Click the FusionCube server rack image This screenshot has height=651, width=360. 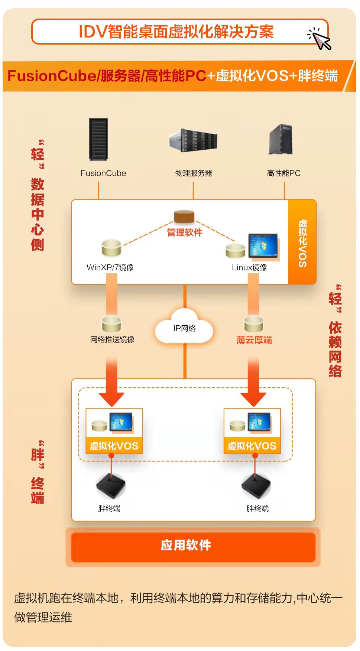pyautogui.click(x=98, y=139)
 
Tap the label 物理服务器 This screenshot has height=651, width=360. pyautogui.click(x=194, y=173)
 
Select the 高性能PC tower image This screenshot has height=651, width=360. pyautogui.click(x=281, y=140)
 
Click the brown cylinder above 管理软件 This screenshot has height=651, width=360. pyautogui.click(x=184, y=217)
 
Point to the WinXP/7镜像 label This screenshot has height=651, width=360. pyautogui.click(x=110, y=267)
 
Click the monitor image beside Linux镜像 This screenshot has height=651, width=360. pyautogui.click(x=263, y=245)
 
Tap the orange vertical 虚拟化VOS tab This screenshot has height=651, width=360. pyautogui.click(x=302, y=243)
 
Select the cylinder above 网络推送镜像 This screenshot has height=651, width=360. pyautogui.click(x=111, y=323)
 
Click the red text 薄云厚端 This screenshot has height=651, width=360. pyautogui.click(x=254, y=340)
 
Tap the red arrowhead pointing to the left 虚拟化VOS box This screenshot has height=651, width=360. pyautogui.click(x=111, y=399)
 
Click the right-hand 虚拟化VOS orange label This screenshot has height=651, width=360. pyautogui.click(x=252, y=446)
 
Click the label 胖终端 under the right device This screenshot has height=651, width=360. pyautogui.click(x=257, y=508)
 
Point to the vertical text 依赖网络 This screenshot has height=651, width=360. pyautogui.click(x=335, y=349)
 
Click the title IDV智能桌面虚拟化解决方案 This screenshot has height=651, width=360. pyautogui.click(x=176, y=32)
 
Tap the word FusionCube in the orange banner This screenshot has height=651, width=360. pyautogui.click(x=52, y=76)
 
